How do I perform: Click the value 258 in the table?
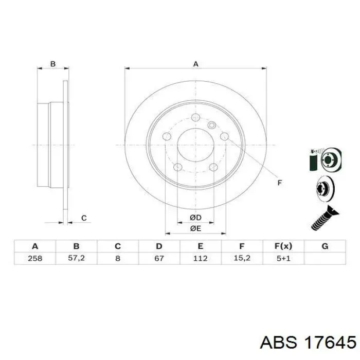pos(35,258)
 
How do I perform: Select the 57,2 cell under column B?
pos(76,258)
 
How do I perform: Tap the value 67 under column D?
pos(159,258)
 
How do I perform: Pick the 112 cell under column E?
pos(200,258)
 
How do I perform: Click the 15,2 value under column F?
pos(242,258)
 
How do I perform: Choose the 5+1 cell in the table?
pos(283,258)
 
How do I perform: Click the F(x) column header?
pos(283,246)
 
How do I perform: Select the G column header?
pos(325,246)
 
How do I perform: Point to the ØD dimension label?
pos(195,218)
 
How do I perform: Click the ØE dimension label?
pos(195,228)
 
